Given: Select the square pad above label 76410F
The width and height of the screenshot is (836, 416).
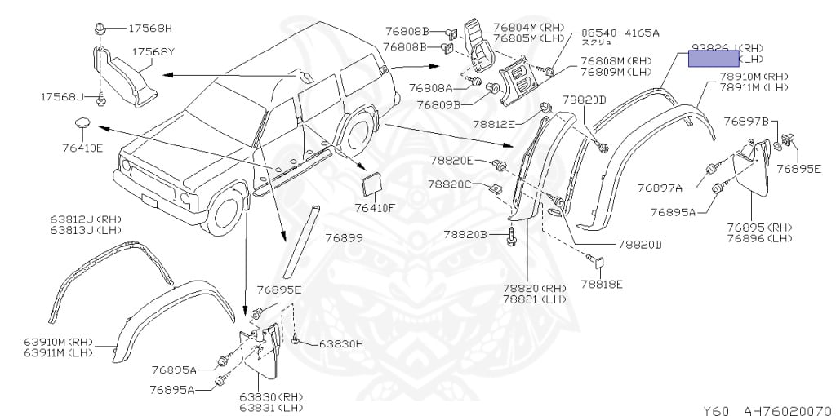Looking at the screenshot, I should [x=371, y=183].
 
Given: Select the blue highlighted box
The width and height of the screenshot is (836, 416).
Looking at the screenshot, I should [x=712, y=56].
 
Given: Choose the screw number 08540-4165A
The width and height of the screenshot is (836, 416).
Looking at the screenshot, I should [x=619, y=33].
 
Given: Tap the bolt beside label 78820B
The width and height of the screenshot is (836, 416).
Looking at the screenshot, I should [x=510, y=236].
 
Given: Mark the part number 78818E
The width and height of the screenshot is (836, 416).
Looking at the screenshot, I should [x=602, y=284].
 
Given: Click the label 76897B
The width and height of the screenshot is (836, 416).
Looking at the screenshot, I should [x=749, y=122].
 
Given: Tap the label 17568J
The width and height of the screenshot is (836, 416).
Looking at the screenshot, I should [x=61, y=97].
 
